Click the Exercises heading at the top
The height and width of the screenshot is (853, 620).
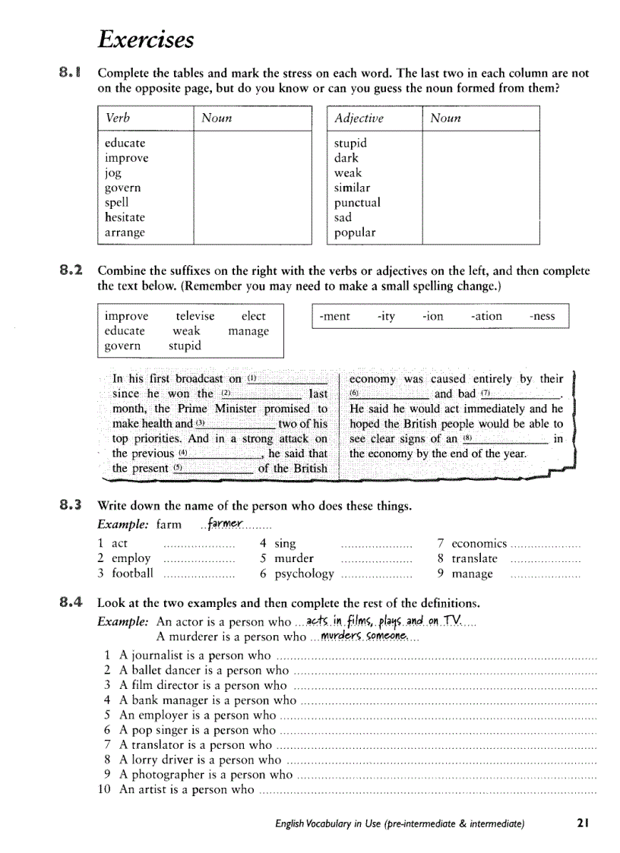point(146,39)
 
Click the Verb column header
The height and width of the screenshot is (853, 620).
point(118,118)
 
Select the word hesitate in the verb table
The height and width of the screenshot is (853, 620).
point(125,217)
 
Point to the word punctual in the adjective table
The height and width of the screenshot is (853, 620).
point(357,203)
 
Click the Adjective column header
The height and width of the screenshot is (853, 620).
point(359,118)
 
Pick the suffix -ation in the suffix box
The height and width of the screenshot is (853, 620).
point(486,316)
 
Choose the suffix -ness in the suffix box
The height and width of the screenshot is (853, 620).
point(542,316)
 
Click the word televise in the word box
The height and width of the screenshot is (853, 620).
point(195,316)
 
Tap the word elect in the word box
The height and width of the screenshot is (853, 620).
point(253,316)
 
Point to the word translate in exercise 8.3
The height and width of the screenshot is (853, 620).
point(474,558)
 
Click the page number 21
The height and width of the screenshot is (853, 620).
point(583,823)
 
